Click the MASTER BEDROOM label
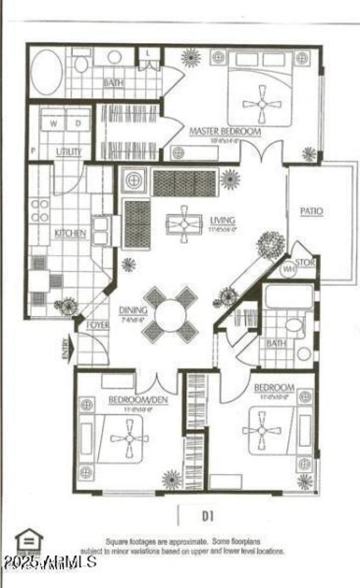click(225, 131)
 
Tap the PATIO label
click(312, 211)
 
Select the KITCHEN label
click(70, 233)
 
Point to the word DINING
click(133, 310)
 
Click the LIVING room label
click(222, 221)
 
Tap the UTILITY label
click(69, 152)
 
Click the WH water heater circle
click(288, 270)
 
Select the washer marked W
click(53, 123)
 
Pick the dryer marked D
click(77, 123)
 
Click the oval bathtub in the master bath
click(47, 72)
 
